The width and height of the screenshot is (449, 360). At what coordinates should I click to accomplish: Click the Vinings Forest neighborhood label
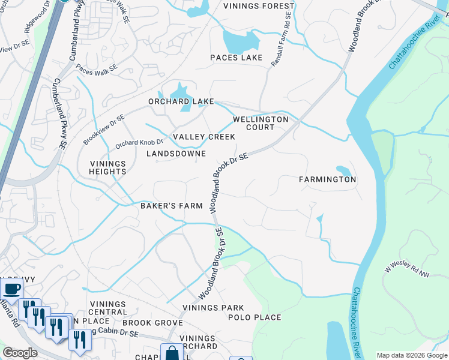pyautogui.click(x=259, y=7)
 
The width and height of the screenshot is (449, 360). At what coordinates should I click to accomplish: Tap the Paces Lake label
pyautogui.click(x=236, y=58)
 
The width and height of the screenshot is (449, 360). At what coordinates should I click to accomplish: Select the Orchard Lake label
pyautogui.click(x=181, y=101)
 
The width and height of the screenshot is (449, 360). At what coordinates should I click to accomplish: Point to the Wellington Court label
pyautogui.click(x=261, y=123)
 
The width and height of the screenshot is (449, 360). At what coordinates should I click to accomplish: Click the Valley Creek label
pyautogui.click(x=196, y=137)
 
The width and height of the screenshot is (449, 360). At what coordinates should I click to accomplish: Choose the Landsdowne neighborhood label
pyautogui.click(x=176, y=154)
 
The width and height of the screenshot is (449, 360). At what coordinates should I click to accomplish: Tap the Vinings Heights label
pyautogui.click(x=108, y=167)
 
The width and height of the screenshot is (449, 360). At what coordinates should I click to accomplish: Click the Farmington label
pyautogui.click(x=328, y=179)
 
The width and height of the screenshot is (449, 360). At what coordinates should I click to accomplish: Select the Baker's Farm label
pyautogui.click(x=171, y=206)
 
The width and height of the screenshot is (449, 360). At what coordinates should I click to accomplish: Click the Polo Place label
pyautogui.click(x=254, y=317)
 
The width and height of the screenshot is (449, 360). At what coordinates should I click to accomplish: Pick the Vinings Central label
pyautogui.click(x=107, y=308)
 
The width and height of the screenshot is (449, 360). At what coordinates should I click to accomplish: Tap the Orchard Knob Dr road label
pyautogui.click(x=139, y=143)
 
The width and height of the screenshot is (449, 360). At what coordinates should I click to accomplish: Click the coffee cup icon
pyautogui.click(x=12, y=289)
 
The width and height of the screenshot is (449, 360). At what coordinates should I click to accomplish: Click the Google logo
pyautogui.click(x=20, y=353)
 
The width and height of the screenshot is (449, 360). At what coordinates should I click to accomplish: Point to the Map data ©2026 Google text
pyautogui.click(x=411, y=355)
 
